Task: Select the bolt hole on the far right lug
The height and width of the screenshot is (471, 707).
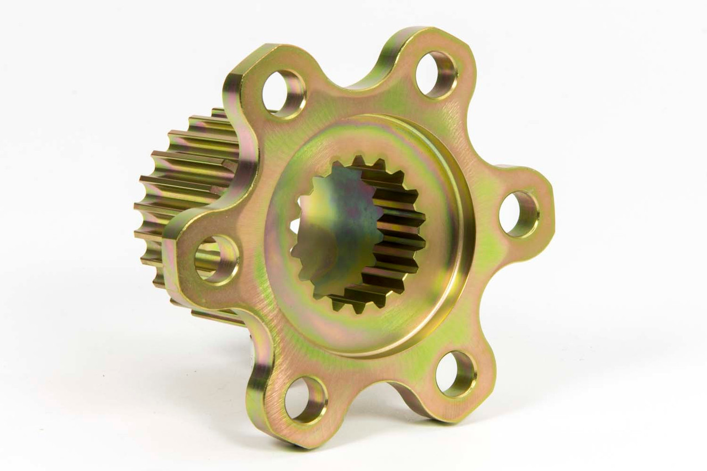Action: pos(519,214)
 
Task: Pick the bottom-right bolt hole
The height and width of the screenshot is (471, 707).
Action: pos(456,374)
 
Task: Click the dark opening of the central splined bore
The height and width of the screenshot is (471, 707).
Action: pos(331,232)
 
